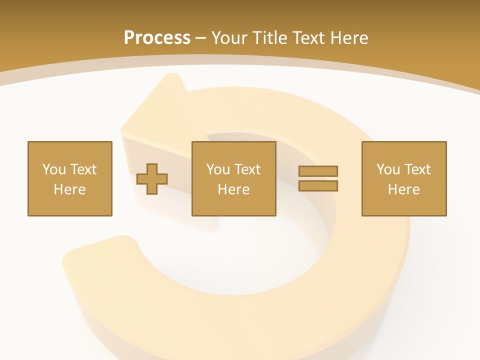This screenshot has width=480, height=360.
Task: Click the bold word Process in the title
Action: point(157,38)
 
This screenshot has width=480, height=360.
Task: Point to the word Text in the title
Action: point(312,38)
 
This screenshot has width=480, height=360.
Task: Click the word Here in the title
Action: point(352,38)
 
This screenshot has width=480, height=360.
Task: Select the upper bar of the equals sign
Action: point(318,171)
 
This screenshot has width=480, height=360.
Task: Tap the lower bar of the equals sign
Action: point(318,186)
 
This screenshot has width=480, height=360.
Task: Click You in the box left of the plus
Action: point(53,169)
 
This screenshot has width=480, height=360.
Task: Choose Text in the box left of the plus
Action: point(83,169)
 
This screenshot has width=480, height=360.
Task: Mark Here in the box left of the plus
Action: point(69,189)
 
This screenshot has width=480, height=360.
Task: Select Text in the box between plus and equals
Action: point(247,169)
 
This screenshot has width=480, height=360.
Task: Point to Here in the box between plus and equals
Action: point(233,189)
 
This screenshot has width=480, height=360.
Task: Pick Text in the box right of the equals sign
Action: point(417,169)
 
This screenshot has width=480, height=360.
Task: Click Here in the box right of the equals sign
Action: point(403,189)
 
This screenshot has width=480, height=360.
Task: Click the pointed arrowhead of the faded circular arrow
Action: point(150,110)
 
